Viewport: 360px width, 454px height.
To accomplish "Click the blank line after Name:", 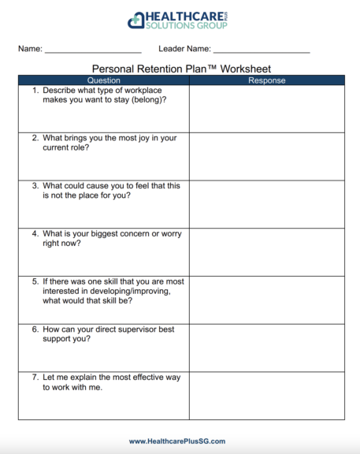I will point(93,50).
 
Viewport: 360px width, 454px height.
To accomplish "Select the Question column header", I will point(103,80).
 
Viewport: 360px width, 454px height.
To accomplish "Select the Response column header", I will point(266,80).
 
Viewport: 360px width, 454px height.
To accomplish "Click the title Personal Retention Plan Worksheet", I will point(181,69).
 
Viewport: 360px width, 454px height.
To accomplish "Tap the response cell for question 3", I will point(266,204).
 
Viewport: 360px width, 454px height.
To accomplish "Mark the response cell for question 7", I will point(266,396).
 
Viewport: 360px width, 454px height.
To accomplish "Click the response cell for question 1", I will point(266,109).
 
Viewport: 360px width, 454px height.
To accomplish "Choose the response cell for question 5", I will point(266,300).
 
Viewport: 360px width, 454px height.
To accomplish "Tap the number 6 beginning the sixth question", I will point(35,329).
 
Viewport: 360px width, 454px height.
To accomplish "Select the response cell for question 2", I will point(266,156).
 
